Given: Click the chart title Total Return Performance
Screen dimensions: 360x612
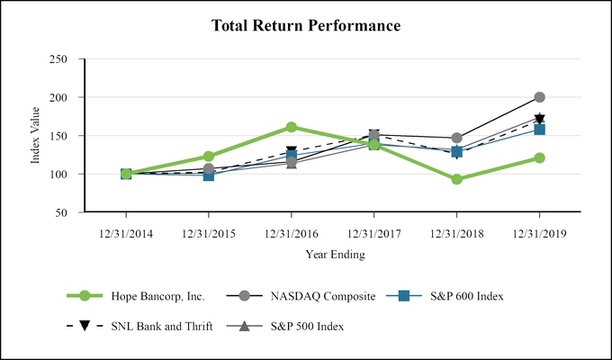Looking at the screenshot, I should point(306,25).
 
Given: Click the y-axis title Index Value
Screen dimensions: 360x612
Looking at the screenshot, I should point(37,136).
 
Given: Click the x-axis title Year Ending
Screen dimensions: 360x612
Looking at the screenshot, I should point(333,255).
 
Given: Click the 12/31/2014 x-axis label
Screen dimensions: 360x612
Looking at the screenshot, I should point(126,232).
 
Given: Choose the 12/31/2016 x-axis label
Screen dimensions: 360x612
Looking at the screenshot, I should point(292,232).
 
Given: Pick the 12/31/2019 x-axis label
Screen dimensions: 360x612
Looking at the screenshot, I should point(539,232).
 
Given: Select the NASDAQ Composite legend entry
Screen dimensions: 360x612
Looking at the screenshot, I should point(305,295).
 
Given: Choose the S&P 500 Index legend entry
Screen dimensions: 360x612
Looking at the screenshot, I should point(297,326).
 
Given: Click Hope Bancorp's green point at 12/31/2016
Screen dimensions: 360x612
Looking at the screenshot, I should point(292,127).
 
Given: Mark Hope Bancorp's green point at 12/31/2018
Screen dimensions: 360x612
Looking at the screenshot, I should point(457,179).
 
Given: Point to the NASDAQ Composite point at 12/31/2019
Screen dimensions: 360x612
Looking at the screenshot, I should point(539,97).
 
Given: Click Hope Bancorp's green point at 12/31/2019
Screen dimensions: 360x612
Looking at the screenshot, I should point(539,157).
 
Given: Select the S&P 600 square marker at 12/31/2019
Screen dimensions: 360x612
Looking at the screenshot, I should point(539,130).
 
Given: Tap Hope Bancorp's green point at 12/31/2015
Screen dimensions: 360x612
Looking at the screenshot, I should point(209,157).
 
